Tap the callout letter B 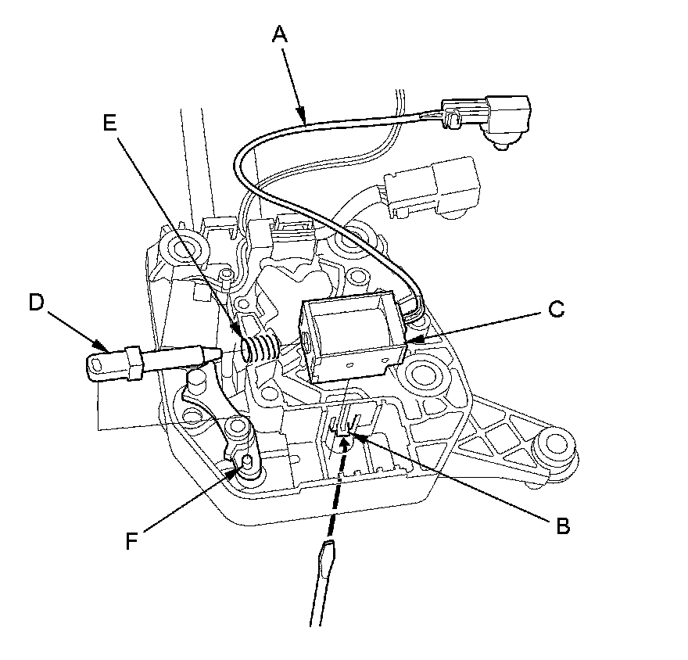[562, 525]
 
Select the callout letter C [555, 310]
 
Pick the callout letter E [109, 122]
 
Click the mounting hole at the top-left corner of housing [183, 249]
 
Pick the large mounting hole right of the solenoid [428, 373]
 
